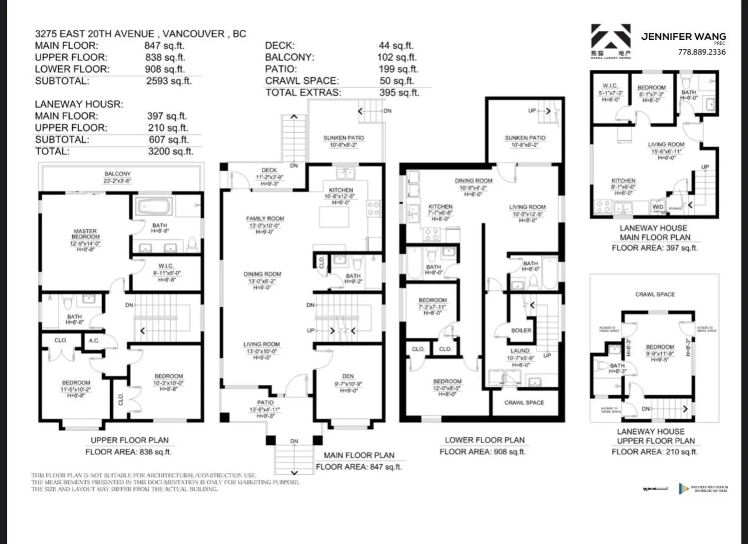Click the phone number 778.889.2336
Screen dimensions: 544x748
point(702,52)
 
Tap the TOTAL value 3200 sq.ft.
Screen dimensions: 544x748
point(171,151)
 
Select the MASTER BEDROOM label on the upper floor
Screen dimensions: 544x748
point(85,234)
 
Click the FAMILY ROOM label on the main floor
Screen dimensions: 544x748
point(265,219)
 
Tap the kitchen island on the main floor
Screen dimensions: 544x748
point(334,217)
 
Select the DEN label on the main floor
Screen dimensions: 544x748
point(348,376)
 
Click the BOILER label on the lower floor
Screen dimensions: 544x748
point(521,330)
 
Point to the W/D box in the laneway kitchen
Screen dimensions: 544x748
point(658,207)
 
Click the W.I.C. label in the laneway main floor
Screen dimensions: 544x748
point(610,86)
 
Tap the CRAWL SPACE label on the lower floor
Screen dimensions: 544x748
point(524,403)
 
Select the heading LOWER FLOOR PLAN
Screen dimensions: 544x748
point(485,440)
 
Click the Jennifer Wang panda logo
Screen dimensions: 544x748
point(610,41)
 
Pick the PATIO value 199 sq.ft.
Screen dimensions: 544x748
point(398,69)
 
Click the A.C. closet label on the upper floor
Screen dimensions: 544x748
point(94,340)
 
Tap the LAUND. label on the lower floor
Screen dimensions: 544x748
point(520,351)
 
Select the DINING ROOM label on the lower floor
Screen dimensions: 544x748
point(473,181)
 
